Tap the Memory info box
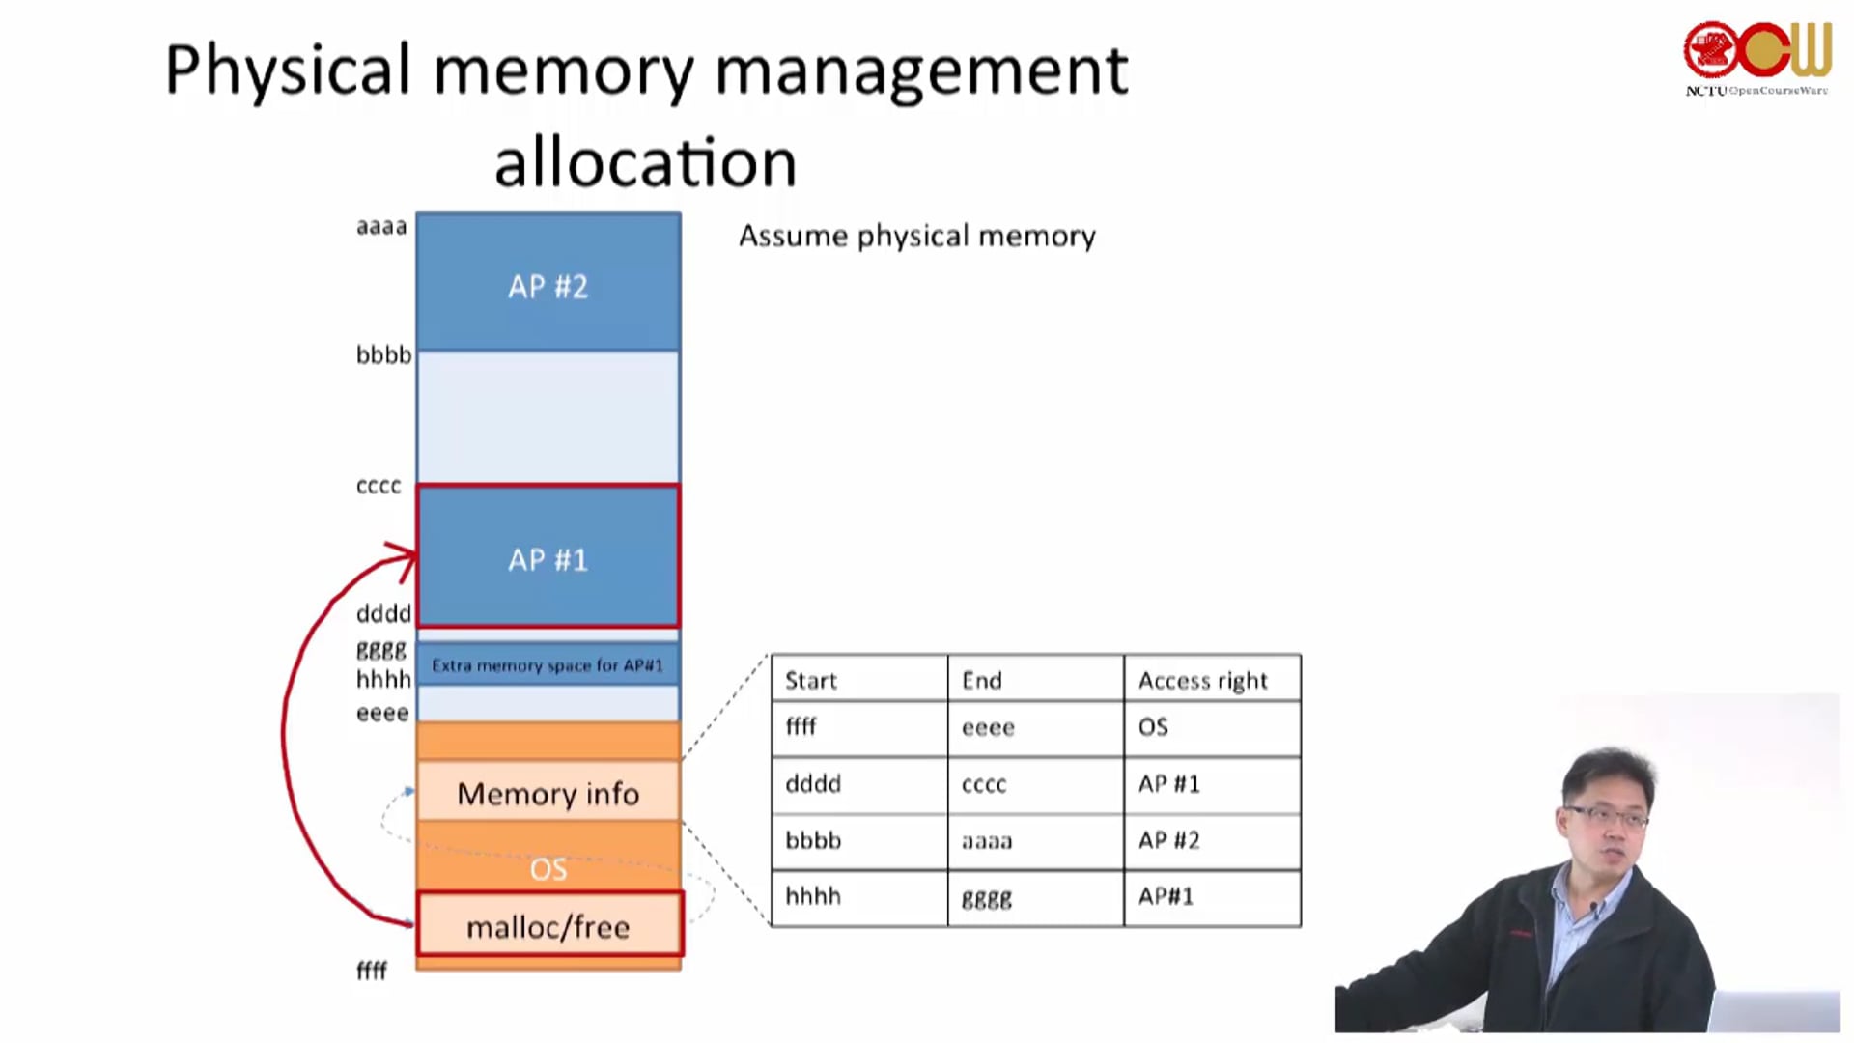tap(548, 793)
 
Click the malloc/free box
tap(548, 926)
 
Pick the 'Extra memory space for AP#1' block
tap(548, 665)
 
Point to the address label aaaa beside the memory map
tap(381, 227)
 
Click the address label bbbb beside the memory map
tap(383, 355)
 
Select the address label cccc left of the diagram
tap(379, 486)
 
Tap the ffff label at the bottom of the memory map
tap(372, 971)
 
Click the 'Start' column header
tap(811, 680)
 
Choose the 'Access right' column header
tap(1202, 680)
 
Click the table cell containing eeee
tap(988, 727)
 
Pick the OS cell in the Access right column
tap(1153, 727)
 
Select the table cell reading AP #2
tap(1168, 840)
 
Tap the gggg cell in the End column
tap(987, 897)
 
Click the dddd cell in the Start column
tap(813, 783)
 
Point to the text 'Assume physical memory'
tap(916, 236)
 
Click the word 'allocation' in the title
tap(645, 161)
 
